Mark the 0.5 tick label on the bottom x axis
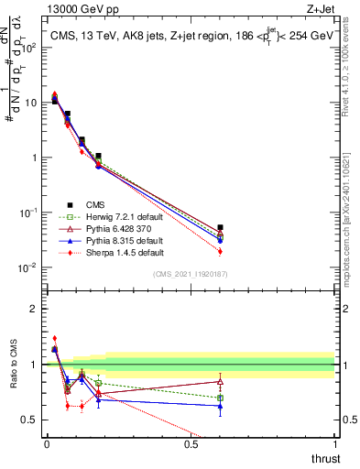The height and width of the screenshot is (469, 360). [191, 443]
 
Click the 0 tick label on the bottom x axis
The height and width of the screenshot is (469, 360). [47, 443]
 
